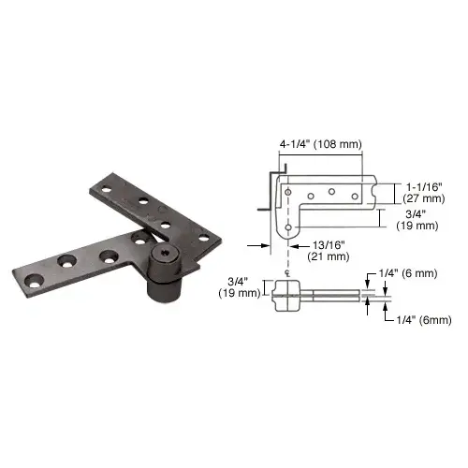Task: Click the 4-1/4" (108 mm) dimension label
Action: [320, 144]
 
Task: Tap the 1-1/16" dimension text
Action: [424, 187]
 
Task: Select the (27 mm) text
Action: [424, 198]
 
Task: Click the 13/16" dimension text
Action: [329, 245]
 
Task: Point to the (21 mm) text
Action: [329, 256]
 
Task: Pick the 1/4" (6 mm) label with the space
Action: [408, 273]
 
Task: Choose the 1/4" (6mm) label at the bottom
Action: [424, 320]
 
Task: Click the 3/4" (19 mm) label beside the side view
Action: [240, 287]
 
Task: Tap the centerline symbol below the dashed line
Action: [288, 274]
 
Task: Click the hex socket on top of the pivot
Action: [162, 251]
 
